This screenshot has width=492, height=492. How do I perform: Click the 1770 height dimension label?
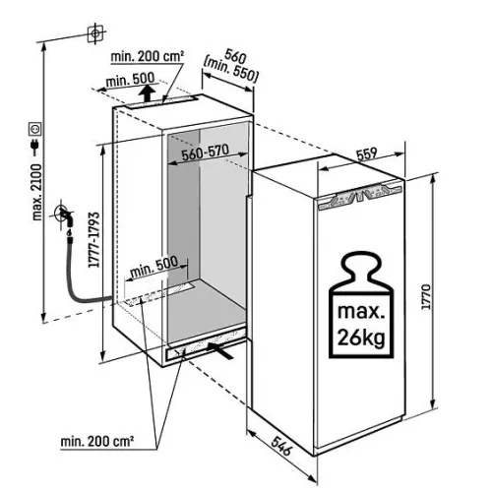tap(426, 297)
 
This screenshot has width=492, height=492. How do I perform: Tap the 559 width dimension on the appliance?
tap(367, 154)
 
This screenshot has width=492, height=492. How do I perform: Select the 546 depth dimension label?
tap(281, 446)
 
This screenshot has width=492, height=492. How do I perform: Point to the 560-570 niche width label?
tap(206, 152)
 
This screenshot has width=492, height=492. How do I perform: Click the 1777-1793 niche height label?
tap(93, 240)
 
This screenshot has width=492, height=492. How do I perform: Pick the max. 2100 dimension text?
tap(37, 192)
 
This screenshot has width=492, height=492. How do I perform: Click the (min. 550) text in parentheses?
tap(229, 72)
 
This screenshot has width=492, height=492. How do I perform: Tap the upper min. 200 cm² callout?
tap(147, 56)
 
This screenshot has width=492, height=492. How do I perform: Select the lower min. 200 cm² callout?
tap(97, 441)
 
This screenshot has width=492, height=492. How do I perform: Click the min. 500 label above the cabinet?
tap(130, 80)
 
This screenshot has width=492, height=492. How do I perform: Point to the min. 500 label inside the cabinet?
tap(154, 267)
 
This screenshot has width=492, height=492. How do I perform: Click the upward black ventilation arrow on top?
tap(147, 92)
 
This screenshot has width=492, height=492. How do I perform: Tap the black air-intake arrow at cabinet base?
tap(219, 350)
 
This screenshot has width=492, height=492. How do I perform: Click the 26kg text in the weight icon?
tap(361, 338)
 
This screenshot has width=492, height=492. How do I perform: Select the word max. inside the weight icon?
tap(361, 312)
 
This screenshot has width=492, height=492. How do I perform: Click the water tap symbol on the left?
tap(63, 215)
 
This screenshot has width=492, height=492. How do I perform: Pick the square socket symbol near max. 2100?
tap(35, 129)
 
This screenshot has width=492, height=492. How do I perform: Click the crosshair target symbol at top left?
tap(95, 33)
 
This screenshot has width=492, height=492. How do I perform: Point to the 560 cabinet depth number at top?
tap(235, 57)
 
